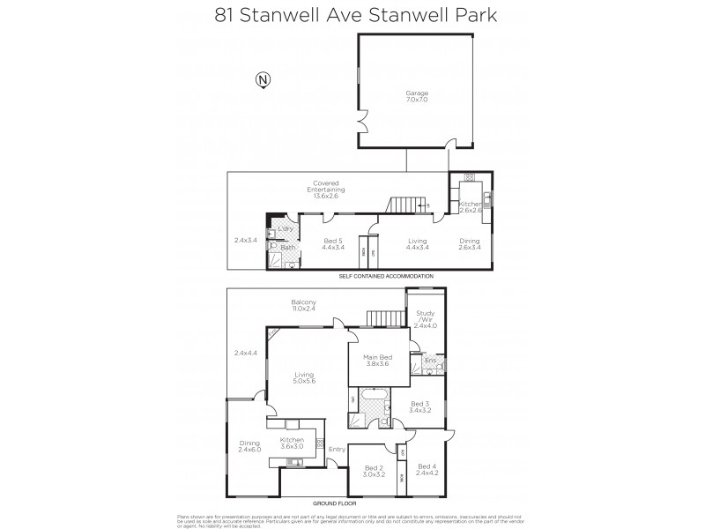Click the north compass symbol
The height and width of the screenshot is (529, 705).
(x=262, y=80)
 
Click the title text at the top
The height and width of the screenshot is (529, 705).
(x=352, y=15)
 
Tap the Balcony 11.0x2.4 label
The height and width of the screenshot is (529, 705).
(x=304, y=306)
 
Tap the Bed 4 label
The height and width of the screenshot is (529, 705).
(x=427, y=470)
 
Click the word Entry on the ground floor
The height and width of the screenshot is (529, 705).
(x=337, y=449)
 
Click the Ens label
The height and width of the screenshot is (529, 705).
(x=430, y=361)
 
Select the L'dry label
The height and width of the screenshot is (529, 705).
(x=286, y=230)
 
